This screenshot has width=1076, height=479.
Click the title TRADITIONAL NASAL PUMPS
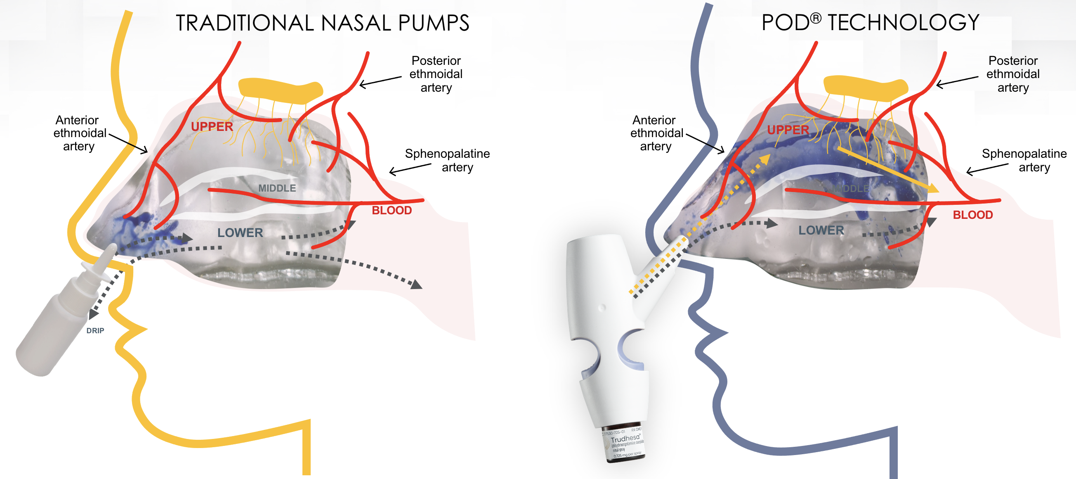point(322,23)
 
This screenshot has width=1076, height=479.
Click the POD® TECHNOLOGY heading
point(870,23)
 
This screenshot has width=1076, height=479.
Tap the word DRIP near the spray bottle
point(95,331)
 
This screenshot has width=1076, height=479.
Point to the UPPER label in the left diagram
point(212,127)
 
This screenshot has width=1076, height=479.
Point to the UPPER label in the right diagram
point(788,130)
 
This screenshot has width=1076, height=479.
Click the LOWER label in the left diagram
point(240,233)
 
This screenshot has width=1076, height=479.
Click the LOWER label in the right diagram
point(821,230)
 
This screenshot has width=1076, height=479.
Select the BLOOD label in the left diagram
point(392,210)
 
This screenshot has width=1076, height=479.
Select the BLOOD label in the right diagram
point(972,215)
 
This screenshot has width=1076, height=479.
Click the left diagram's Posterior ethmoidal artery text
point(436,74)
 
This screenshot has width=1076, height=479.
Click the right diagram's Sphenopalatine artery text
point(1024,160)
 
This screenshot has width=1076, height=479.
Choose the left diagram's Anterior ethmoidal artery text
point(79,133)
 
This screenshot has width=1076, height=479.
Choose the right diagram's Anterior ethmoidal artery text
point(656,133)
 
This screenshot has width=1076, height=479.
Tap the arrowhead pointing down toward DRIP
point(94,314)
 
